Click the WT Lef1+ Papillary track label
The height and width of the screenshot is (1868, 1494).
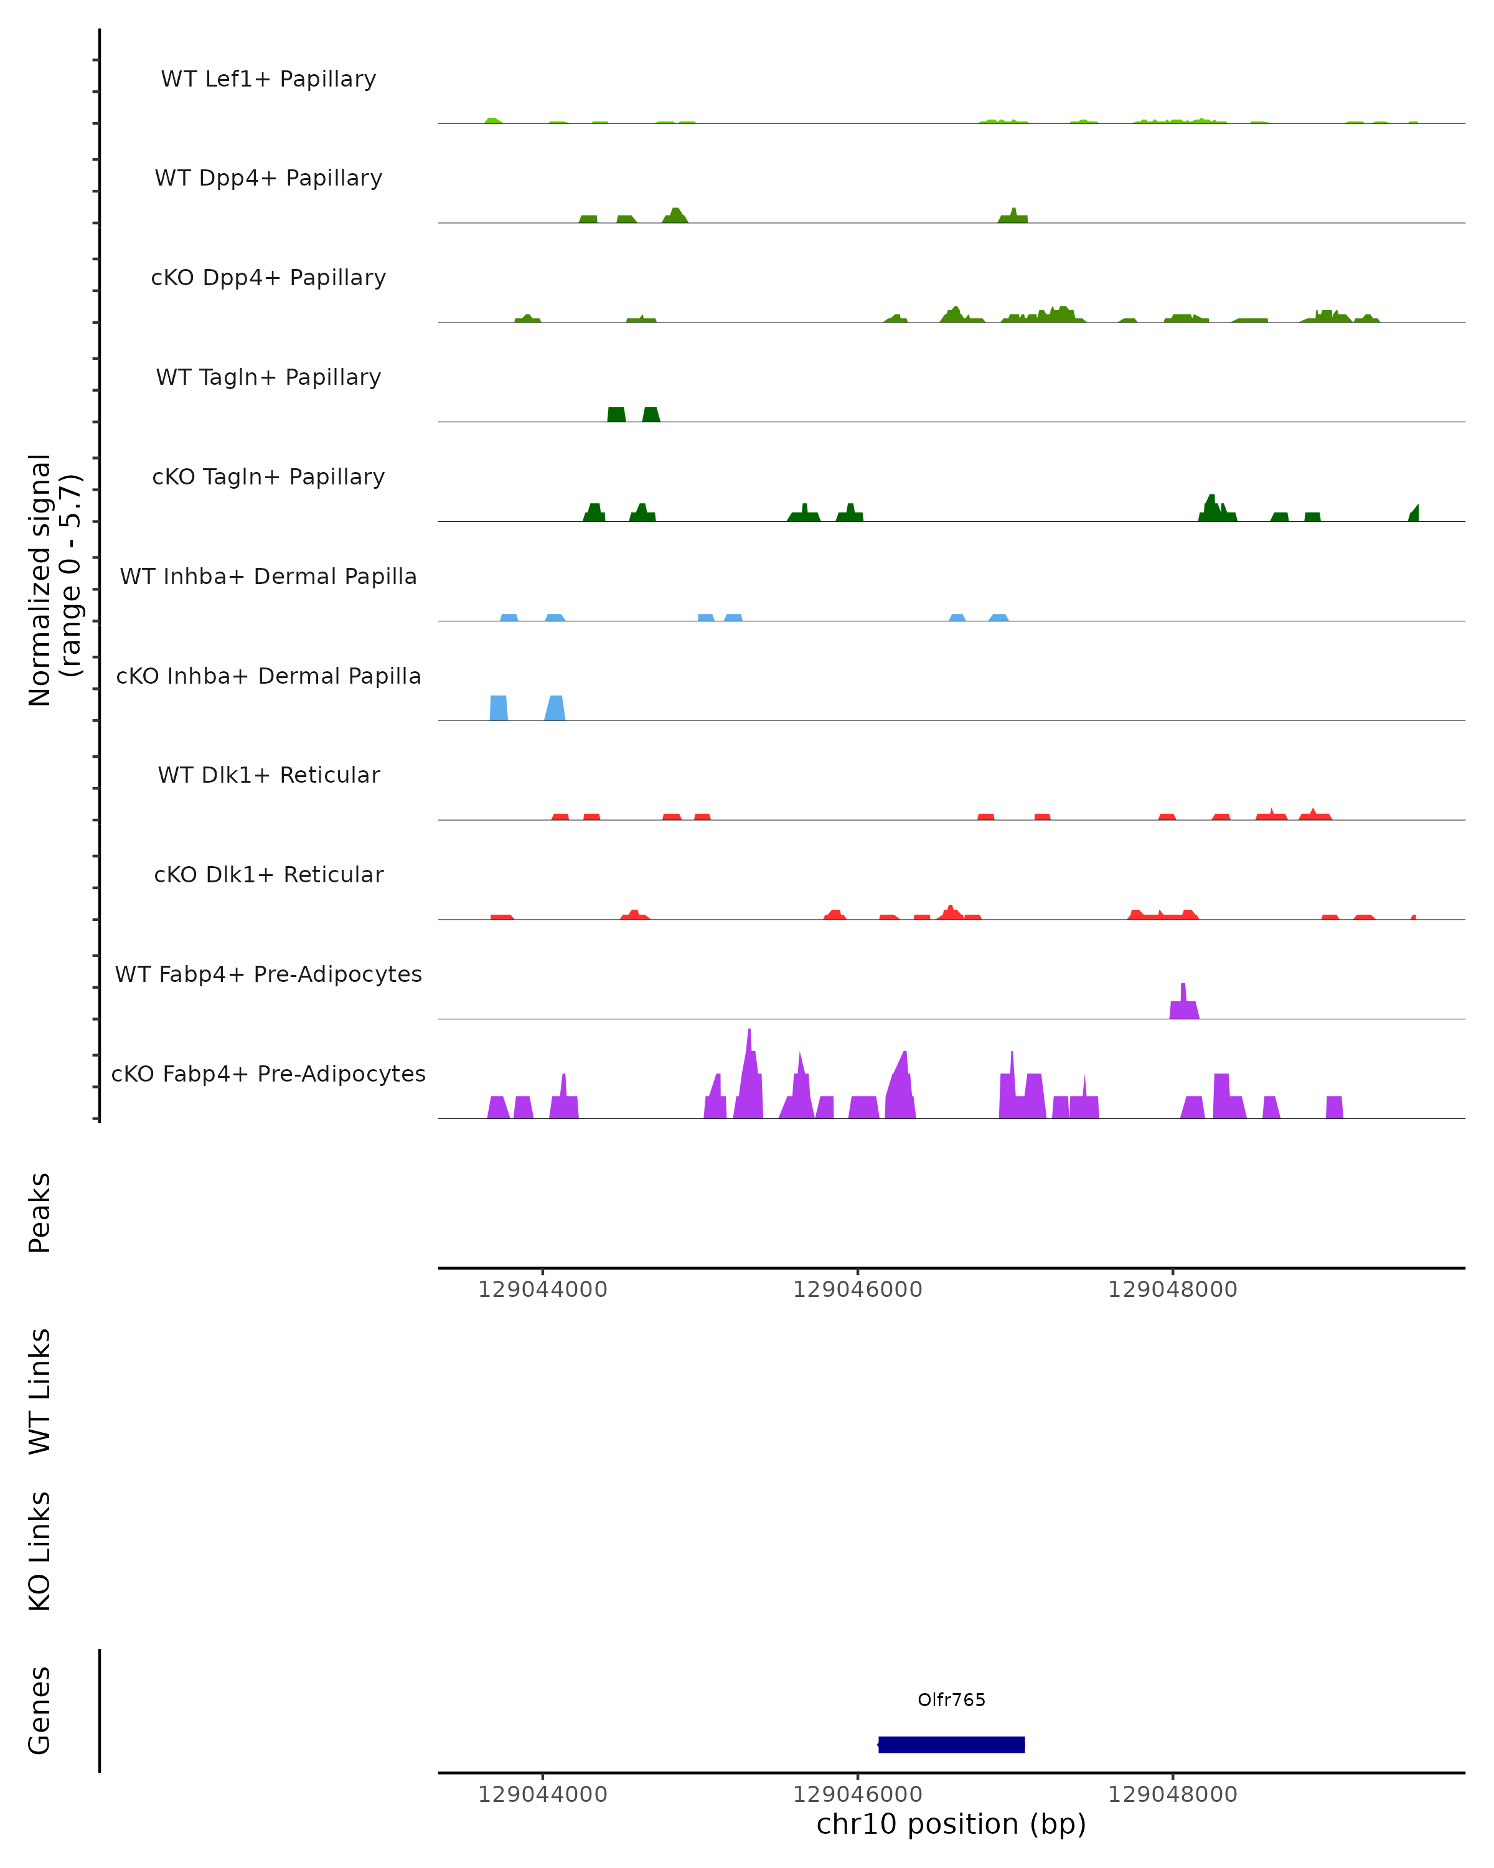(x=268, y=79)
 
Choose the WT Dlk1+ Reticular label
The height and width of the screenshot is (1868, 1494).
(x=268, y=775)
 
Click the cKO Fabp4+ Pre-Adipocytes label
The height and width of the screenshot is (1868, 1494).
(x=268, y=1073)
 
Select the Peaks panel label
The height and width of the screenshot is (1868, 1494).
(x=40, y=1212)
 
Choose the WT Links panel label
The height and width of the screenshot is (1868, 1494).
(x=40, y=1392)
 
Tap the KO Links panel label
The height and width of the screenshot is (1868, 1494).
(x=40, y=1551)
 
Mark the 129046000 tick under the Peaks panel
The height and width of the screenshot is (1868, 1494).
(x=857, y=1290)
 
